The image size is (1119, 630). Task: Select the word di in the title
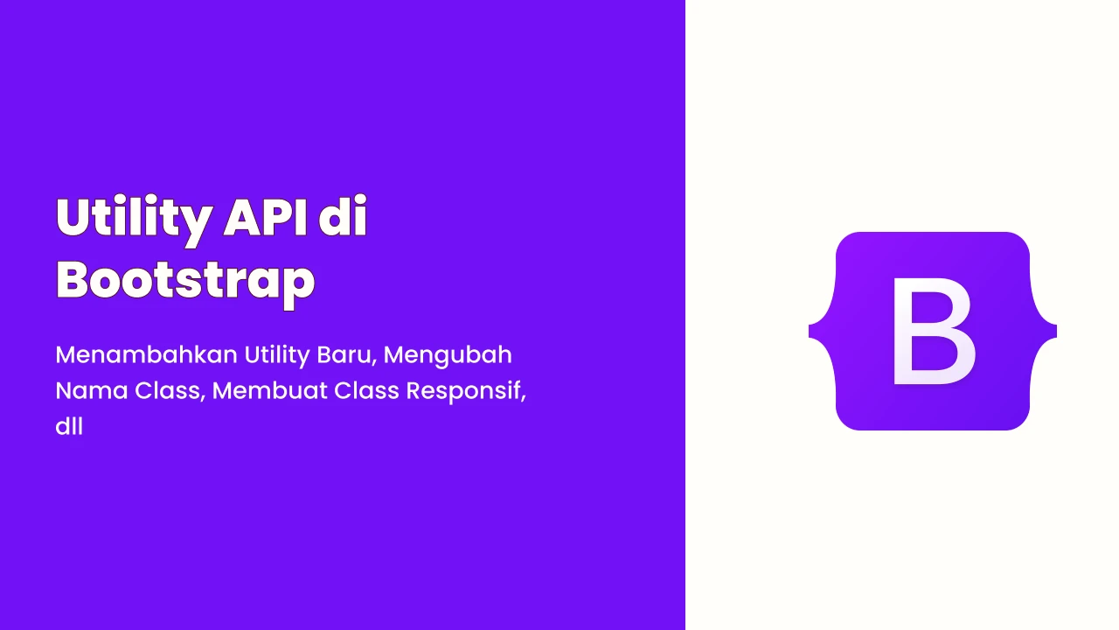pyautogui.click(x=344, y=216)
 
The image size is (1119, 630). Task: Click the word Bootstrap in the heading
pyautogui.click(x=185, y=282)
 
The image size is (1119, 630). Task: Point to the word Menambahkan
pyautogui.click(x=146, y=355)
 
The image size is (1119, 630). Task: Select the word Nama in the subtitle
pyautogui.click(x=92, y=390)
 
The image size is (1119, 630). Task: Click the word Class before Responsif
pyautogui.click(x=366, y=390)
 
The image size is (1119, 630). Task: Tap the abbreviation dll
pyautogui.click(x=69, y=426)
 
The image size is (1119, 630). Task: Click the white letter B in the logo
pyautogui.click(x=934, y=331)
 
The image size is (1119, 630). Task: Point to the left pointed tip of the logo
pyautogui.click(x=810, y=331)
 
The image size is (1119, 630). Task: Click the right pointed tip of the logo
pyautogui.click(x=1055, y=331)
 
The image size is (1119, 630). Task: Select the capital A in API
pyautogui.click(x=244, y=217)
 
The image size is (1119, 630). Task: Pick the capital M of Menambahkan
pyautogui.click(x=67, y=355)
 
